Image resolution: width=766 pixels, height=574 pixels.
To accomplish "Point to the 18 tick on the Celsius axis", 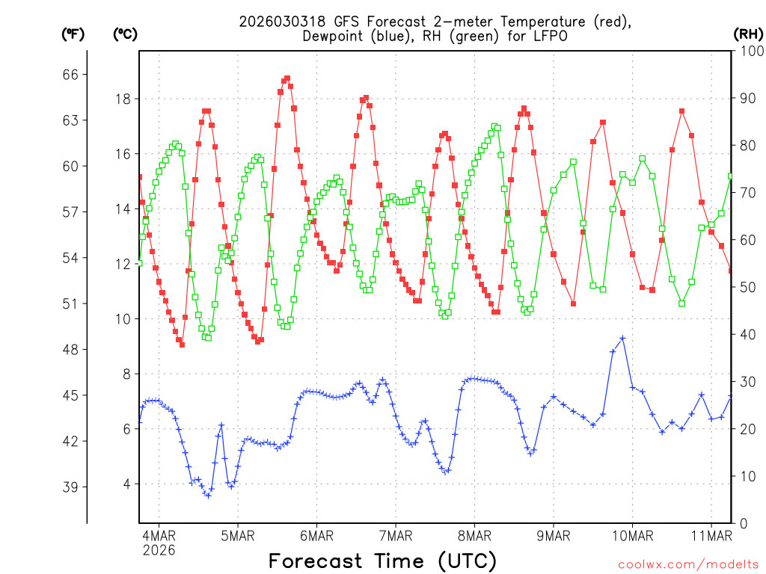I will (x=123, y=99).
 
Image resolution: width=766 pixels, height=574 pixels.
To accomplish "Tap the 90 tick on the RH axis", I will (x=749, y=98).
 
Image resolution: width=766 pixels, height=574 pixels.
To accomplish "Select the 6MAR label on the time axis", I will (x=316, y=535).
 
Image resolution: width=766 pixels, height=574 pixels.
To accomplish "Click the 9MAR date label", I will (x=554, y=535).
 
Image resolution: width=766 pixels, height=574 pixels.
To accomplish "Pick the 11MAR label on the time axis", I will (x=711, y=535).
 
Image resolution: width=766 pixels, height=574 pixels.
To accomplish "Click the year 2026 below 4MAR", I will (x=159, y=550).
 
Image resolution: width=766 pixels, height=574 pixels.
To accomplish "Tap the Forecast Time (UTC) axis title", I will (x=382, y=561).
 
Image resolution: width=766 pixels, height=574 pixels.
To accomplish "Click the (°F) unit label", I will (x=73, y=34).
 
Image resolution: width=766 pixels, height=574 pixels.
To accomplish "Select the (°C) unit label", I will (x=125, y=34).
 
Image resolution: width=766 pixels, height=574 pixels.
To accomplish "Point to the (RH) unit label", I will (x=748, y=34).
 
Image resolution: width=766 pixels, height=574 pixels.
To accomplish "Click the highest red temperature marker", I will (x=287, y=78).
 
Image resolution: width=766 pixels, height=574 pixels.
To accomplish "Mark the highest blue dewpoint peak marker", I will (x=622, y=338).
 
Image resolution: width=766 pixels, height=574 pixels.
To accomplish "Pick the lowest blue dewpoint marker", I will (x=208, y=496).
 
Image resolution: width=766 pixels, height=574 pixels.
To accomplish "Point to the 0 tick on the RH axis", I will (x=743, y=523).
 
